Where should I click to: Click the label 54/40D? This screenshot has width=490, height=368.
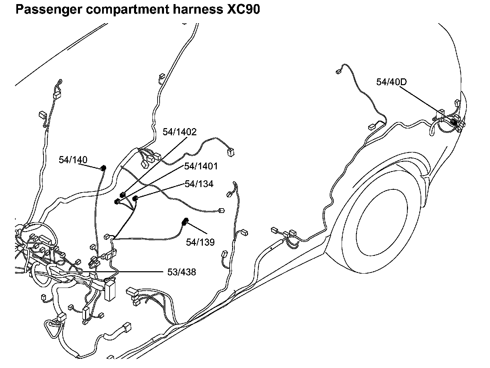click(x=391, y=82)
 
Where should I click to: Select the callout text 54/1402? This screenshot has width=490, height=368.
click(x=179, y=132)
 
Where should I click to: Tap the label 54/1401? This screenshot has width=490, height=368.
click(x=201, y=166)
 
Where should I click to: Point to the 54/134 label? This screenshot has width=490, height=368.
click(x=199, y=184)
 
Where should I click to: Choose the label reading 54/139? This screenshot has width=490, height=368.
click(x=200, y=242)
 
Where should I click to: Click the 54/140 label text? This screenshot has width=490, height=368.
click(x=73, y=160)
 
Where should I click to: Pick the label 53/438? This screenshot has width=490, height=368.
click(x=182, y=272)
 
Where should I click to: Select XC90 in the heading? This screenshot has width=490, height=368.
click(x=243, y=10)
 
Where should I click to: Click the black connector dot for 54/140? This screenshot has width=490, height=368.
click(x=103, y=168)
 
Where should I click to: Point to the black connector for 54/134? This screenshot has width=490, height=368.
click(x=135, y=198)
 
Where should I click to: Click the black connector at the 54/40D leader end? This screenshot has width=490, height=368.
click(x=453, y=122)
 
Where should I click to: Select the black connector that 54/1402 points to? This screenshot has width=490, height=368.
click(x=122, y=195)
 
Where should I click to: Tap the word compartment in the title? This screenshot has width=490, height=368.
click(x=127, y=10)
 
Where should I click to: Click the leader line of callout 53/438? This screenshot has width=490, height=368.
click(x=112, y=272)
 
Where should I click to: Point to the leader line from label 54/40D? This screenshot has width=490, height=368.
click(x=426, y=104)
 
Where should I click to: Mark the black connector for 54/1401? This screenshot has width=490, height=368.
click(x=117, y=202)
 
